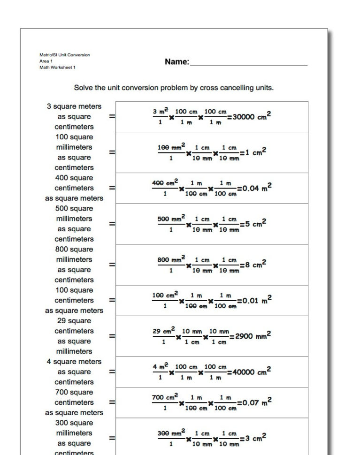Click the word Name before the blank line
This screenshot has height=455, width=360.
[x=176, y=62]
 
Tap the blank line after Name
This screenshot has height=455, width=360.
[x=248, y=65]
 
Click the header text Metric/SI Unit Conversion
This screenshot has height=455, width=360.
[x=64, y=55]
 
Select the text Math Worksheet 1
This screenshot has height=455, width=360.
[x=57, y=68]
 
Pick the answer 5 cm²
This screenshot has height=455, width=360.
[x=255, y=224]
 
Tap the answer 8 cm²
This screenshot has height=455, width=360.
[x=255, y=265]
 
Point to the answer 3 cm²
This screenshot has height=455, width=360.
[x=255, y=438]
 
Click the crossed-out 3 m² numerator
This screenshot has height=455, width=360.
[x=161, y=112]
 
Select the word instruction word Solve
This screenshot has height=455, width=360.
[x=83, y=88]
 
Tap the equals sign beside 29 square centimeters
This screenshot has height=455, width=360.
[x=112, y=336]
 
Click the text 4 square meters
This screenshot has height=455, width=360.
[x=74, y=362]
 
